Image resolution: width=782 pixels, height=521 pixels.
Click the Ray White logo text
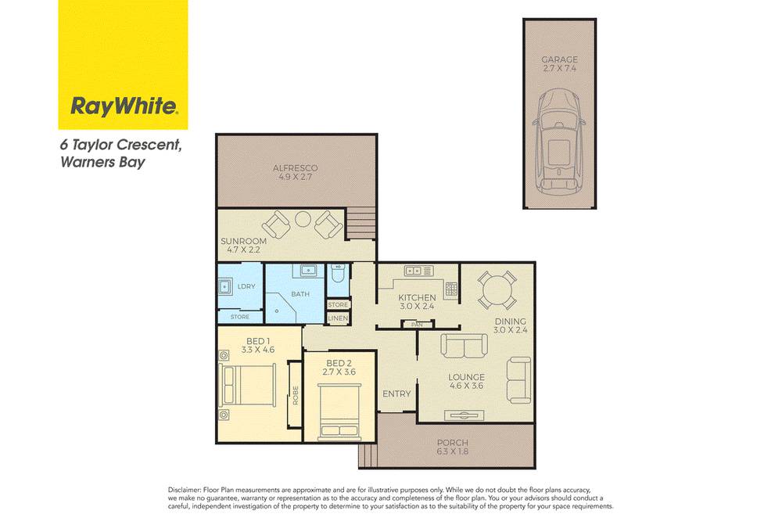124,106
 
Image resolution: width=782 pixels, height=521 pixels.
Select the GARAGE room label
560,59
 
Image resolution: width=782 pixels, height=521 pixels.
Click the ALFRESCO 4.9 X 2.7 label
296,172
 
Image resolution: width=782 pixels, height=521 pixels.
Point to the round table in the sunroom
303,219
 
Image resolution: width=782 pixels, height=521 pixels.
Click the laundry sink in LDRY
224,287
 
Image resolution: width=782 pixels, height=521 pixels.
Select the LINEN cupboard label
338,318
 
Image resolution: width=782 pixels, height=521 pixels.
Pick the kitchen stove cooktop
451,290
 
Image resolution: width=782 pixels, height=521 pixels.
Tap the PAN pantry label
417,325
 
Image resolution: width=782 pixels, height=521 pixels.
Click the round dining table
497,290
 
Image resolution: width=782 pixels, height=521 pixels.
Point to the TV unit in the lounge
465,415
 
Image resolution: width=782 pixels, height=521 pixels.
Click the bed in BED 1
247,386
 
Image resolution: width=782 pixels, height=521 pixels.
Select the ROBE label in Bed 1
296,395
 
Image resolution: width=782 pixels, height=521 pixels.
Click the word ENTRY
397,393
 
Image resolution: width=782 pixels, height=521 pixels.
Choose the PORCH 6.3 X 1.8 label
453,447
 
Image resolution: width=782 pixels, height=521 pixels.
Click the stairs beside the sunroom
360,223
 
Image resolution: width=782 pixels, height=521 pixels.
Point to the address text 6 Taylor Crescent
120,146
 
